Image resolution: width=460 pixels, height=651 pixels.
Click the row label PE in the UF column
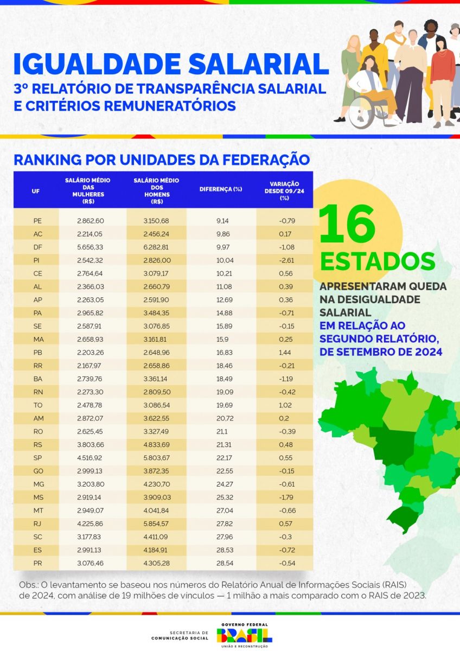37,221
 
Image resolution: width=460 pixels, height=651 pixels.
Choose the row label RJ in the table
37,524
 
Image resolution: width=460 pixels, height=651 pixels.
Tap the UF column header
36,190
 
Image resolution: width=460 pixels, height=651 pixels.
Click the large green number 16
348,225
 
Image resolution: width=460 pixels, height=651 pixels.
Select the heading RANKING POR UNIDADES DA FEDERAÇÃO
162,160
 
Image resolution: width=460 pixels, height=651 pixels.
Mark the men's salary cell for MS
157,497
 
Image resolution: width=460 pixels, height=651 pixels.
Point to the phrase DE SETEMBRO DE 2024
380,352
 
